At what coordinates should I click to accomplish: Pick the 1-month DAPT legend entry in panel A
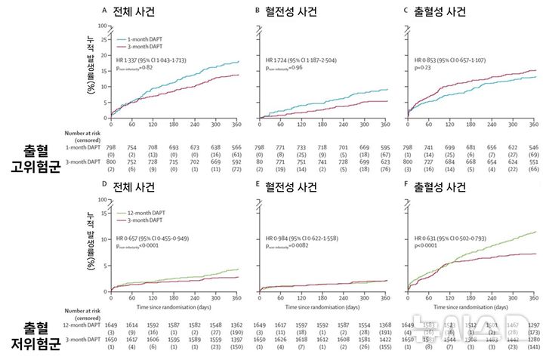point(137,36)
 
